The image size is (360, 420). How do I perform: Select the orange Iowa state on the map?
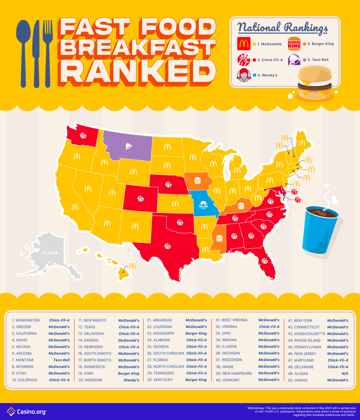pos(198,181)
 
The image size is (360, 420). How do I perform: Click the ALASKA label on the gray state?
pos(50,253)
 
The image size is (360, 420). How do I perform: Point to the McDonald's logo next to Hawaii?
pos(132,266)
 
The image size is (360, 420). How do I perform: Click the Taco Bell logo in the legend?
pos(294,60)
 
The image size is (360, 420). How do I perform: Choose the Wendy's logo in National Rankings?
pos(243,75)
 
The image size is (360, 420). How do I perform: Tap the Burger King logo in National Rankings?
pos(294,44)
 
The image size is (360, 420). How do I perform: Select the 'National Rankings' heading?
pos(282,27)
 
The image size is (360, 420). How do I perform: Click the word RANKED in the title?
pos(137,73)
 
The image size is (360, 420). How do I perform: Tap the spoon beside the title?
pos(23,52)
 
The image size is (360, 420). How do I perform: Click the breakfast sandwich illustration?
pos(315,82)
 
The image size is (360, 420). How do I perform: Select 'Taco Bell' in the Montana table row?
pos(62,360)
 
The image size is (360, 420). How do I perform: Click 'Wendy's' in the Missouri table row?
pos(132,380)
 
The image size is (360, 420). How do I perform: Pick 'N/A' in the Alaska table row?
pos(345,374)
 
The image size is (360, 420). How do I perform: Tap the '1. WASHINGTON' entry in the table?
pos(26,320)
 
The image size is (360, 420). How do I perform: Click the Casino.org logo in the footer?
pos(27,411)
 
